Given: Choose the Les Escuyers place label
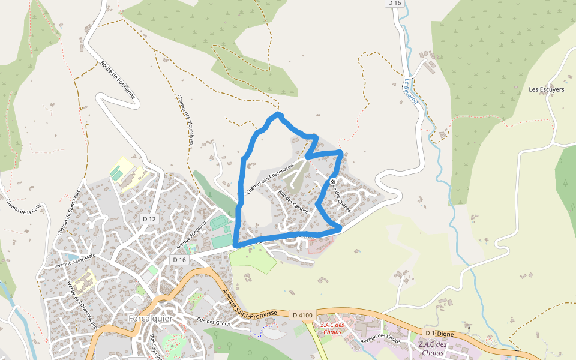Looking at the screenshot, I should [x=546, y=89].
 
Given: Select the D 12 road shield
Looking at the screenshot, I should [x=149, y=219].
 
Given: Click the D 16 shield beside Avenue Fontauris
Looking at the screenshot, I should [x=179, y=260].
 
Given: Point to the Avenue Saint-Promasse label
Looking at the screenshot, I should [x=250, y=304].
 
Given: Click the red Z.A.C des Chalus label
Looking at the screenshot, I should [x=332, y=328].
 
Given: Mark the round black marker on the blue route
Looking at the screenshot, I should [x=333, y=182].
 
